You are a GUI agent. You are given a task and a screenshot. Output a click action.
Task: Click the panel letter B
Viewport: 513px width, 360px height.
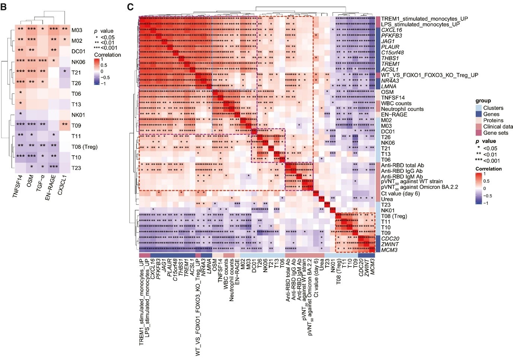pos(3,6)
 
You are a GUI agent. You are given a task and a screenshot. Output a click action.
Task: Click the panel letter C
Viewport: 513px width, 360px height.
pos(130,6)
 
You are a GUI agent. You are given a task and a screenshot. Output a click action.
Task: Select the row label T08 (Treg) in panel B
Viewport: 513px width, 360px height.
pos(84,147)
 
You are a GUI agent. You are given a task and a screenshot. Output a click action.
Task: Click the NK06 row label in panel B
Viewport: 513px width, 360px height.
pos(78,62)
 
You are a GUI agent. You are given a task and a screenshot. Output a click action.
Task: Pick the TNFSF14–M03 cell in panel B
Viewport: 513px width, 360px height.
pos(20,30)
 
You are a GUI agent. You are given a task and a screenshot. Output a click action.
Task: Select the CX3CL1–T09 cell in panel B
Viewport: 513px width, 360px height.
pos(64,125)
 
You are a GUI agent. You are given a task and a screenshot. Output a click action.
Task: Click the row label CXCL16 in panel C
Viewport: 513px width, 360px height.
pos(391,30)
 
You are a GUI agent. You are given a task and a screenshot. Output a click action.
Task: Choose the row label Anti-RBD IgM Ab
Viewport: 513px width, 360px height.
pos(402,177)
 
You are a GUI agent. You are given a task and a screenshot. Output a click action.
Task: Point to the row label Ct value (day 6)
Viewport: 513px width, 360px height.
pos(400,194)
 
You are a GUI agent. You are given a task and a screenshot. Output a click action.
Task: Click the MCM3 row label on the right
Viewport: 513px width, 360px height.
pos(389,250)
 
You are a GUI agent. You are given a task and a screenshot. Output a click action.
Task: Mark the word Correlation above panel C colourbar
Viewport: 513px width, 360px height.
pos(488,169)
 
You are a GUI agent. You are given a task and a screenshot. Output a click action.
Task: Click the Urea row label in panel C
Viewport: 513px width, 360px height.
pos(387,199)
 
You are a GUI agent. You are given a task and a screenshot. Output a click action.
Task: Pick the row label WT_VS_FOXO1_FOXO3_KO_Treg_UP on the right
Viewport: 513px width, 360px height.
pos(430,75)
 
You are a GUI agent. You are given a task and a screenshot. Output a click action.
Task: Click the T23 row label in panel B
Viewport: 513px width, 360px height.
pos(76,168)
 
